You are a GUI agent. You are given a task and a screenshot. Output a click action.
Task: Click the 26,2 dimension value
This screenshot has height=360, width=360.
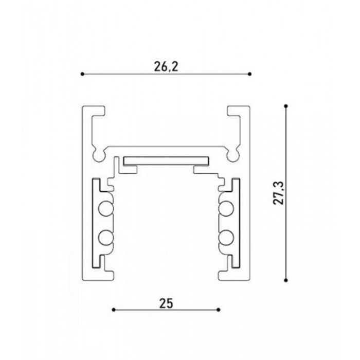pos(166,66)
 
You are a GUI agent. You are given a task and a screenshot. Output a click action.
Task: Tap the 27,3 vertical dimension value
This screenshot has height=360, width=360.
pos(279,193)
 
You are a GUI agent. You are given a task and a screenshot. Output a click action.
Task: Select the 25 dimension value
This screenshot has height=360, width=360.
pos(166,303)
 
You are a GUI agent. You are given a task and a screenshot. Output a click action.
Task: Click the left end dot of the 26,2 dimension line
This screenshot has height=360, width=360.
pos(82,74)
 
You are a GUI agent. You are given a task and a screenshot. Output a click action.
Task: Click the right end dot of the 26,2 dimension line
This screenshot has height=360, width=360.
pos(250,74)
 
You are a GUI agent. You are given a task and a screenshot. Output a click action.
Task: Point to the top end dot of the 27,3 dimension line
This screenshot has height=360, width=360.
pos(286,106)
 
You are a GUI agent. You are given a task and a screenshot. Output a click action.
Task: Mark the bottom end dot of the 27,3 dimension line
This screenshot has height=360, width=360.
pos(286,280)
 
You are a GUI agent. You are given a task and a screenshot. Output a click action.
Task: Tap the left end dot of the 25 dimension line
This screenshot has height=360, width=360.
pos(114,310)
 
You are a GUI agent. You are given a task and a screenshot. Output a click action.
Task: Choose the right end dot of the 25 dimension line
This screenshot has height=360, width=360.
pos(219,310)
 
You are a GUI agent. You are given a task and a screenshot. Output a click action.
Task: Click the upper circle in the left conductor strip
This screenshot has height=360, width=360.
pos(106,208)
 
